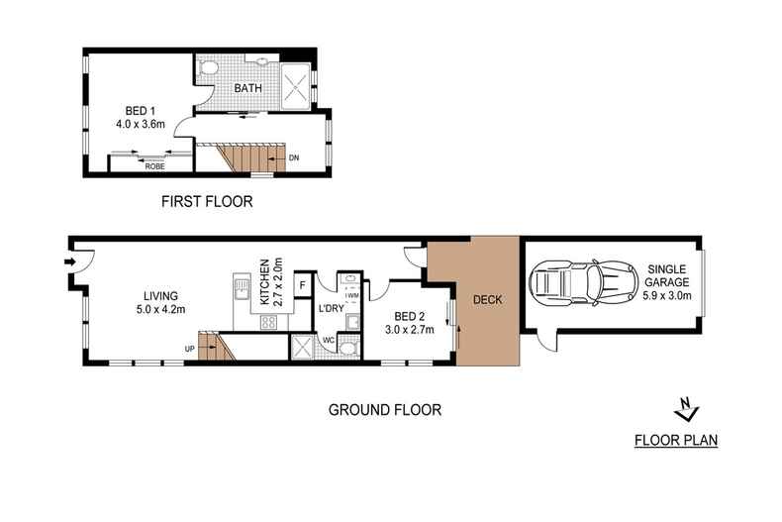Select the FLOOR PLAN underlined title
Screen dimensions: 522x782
[x=676, y=441]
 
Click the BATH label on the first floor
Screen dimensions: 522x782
[x=247, y=89]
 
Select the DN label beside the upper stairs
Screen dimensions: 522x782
[x=294, y=157]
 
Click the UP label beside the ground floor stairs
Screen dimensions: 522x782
[x=189, y=348]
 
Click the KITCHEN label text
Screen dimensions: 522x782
[x=264, y=279]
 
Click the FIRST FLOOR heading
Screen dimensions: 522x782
[x=207, y=202]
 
